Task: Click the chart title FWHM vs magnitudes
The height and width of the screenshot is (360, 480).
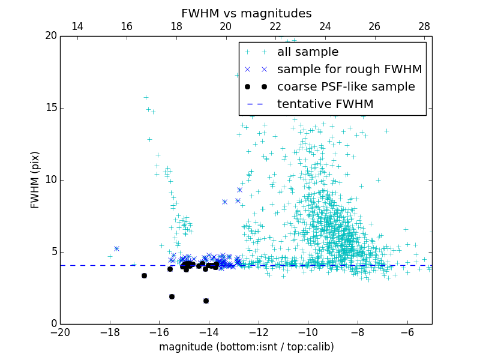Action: point(246,13)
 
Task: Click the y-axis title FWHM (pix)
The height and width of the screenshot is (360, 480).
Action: point(35,180)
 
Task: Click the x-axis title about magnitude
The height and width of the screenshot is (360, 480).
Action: point(246,347)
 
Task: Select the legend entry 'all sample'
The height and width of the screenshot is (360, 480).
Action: point(308,52)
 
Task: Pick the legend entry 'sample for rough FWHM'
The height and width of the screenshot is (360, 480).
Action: point(349,69)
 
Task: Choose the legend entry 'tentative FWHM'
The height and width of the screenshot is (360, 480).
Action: point(325,104)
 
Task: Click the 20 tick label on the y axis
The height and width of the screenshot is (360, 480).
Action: point(50,36)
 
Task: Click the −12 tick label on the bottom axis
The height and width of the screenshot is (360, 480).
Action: point(259,332)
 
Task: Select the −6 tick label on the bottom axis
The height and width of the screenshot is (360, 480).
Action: point(407,332)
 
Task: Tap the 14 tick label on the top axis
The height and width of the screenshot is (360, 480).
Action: point(77,26)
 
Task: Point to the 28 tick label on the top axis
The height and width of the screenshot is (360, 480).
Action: point(424,26)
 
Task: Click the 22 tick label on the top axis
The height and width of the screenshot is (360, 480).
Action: point(275,26)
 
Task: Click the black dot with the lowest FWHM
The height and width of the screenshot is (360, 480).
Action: point(206,301)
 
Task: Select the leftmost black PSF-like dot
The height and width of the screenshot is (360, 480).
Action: point(144,275)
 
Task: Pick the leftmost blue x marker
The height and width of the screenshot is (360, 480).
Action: point(116,248)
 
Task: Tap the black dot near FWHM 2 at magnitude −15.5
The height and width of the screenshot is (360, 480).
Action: point(172,296)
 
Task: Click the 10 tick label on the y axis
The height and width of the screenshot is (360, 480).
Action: point(50,180)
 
